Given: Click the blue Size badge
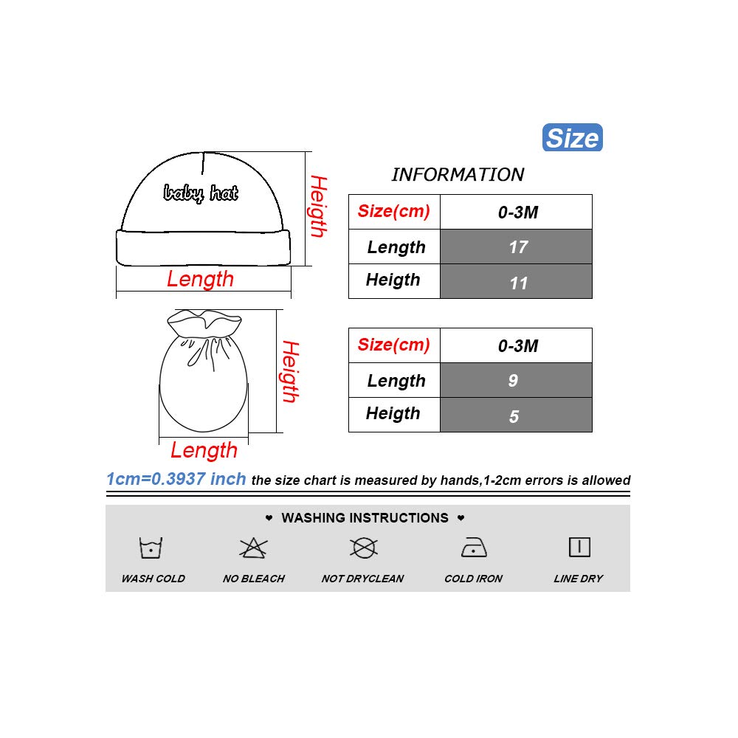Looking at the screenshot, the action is click(573, 138).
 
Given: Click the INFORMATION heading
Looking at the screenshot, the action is click(458, 175).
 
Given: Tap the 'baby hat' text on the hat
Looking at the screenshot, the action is click(201, 193).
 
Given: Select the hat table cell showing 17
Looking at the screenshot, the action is click(517, 246).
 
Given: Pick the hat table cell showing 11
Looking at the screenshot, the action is click(517, 282).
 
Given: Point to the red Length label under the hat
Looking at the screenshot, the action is click(200, 279).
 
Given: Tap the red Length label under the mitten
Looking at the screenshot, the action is click(204, 450).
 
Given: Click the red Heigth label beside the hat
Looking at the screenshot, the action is click(317, 206).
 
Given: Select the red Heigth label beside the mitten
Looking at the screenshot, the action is click(290, 371).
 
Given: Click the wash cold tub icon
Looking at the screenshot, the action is click(151, 548).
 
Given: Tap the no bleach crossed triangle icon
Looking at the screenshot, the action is click(253, 548).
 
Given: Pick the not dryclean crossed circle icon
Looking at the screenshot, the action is click(363, 548).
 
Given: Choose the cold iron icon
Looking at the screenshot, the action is click(473, 548).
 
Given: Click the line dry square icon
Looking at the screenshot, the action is click(579, 547).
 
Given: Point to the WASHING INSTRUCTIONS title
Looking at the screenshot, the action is click(365, 518).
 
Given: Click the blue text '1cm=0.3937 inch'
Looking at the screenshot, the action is click(176, 479).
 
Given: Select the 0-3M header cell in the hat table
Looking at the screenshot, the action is click(517, 213).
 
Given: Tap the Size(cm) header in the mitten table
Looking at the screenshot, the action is click(393, 345).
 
